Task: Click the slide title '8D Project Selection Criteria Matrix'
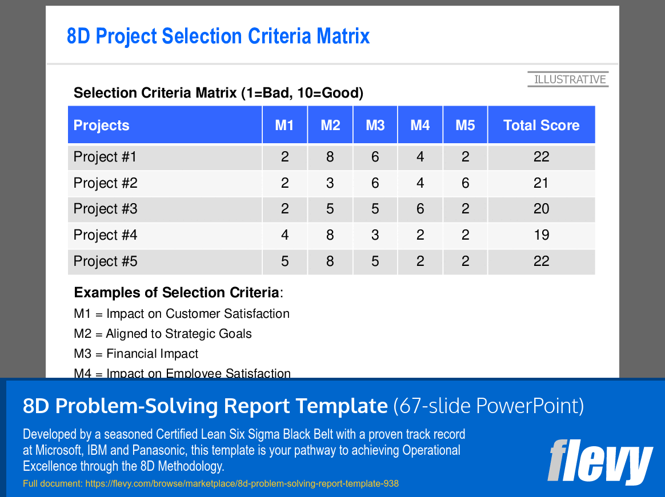point(218,37)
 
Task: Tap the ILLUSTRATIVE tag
point(569,79)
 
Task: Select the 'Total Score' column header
point(541,126)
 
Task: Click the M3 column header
point(375,126)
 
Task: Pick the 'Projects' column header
point(102,126)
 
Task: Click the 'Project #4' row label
point(106,235)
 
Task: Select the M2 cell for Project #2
point(330,183)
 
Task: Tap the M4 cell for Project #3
point(420,209)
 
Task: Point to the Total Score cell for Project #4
point(541,235)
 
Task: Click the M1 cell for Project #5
point(285,261)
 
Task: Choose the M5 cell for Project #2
point(465,183)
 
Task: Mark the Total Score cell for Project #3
point(541,209)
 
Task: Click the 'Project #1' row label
point(106,157)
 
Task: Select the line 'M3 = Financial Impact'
point(136,354)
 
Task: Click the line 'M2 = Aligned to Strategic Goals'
point(163,334)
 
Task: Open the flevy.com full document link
point(211,484)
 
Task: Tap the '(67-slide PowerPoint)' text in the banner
point(488,406)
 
